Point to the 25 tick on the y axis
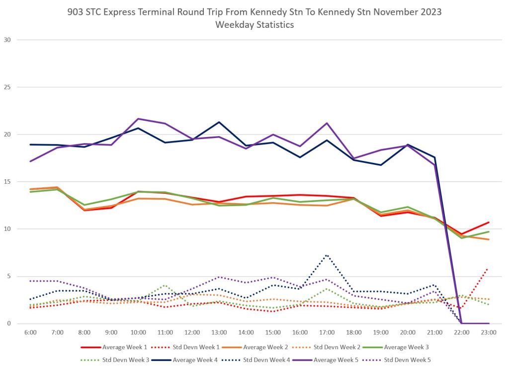[7, 87]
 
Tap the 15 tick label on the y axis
[7, 182]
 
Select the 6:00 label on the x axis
[30, 332]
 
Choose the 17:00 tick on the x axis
[327, 332]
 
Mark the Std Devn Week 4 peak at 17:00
[327, 255]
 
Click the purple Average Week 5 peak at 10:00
[138, 119]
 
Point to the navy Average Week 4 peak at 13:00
[219, 122]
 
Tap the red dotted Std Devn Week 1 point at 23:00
[489, 269]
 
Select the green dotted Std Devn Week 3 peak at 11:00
[165, 285]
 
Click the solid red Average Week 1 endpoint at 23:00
[489, 222]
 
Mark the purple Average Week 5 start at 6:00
[30, 161]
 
